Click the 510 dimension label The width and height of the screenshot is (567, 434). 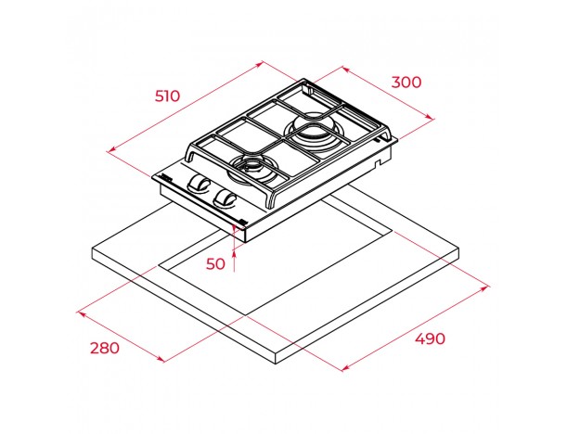point(167,96)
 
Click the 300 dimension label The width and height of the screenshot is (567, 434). point(406,83)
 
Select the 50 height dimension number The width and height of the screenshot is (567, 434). point(215,263)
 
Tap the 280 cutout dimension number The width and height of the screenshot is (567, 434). point(105,349)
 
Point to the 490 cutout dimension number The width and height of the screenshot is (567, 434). point(430,339)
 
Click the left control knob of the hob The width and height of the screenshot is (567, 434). point(198,183)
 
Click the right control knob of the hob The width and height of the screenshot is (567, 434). point(225,198)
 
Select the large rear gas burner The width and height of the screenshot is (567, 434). point(313,132)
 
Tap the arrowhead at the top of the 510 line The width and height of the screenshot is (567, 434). point(260,64)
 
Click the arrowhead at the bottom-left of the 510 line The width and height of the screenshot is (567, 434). point(111,149)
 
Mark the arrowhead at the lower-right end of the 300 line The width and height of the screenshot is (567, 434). point(430,117)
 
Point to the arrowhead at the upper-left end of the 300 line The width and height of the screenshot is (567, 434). point(345,69)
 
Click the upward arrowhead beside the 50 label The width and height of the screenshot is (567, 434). point(234,255)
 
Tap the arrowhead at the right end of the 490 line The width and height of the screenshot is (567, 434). point(485,287)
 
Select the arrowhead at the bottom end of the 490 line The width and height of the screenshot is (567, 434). point(345,368)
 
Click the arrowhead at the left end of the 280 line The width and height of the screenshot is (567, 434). point(82,313)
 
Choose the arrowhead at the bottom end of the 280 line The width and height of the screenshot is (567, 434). point(161,359)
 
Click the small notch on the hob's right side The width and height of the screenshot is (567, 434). point(378,164)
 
